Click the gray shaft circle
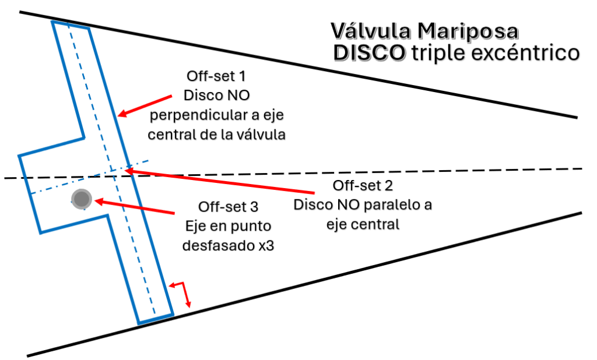(82, 200)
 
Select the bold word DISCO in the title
(369, 53)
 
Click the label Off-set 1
(209, 76)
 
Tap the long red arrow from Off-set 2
(222, 181)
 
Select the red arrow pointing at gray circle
(134, 206)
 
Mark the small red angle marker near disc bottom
(183, 291)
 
